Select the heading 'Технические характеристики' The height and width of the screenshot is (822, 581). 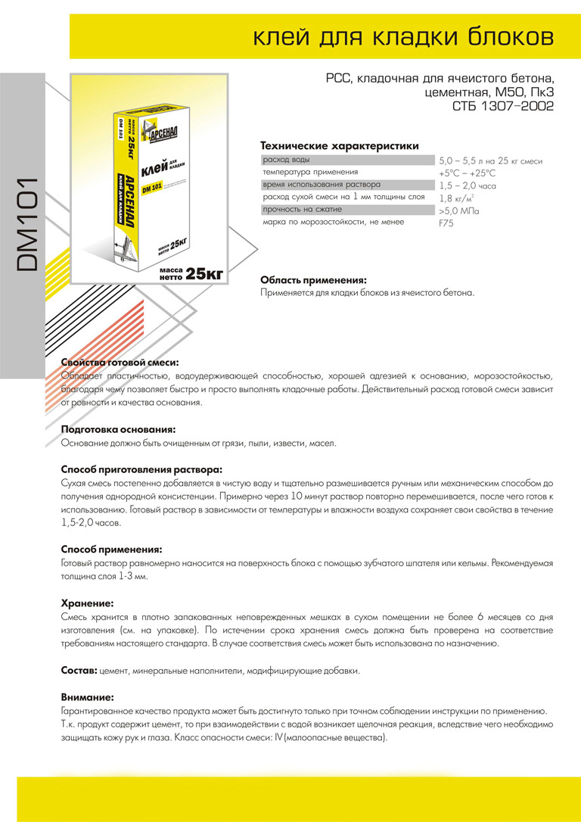point(339,145)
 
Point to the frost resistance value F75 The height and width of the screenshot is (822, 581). point(446,223)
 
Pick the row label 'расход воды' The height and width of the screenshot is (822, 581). point(286,160)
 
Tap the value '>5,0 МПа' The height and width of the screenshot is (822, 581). point(458,211)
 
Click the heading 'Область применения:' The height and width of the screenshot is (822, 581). point(313,279)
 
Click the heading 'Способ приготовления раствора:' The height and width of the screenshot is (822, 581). point(141,469)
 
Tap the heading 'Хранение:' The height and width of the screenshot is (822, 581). point(87,603)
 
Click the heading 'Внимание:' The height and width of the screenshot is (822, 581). point(87,697)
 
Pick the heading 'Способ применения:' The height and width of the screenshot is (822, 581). point(111,549)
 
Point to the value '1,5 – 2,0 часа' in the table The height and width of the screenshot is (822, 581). point(468,185)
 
